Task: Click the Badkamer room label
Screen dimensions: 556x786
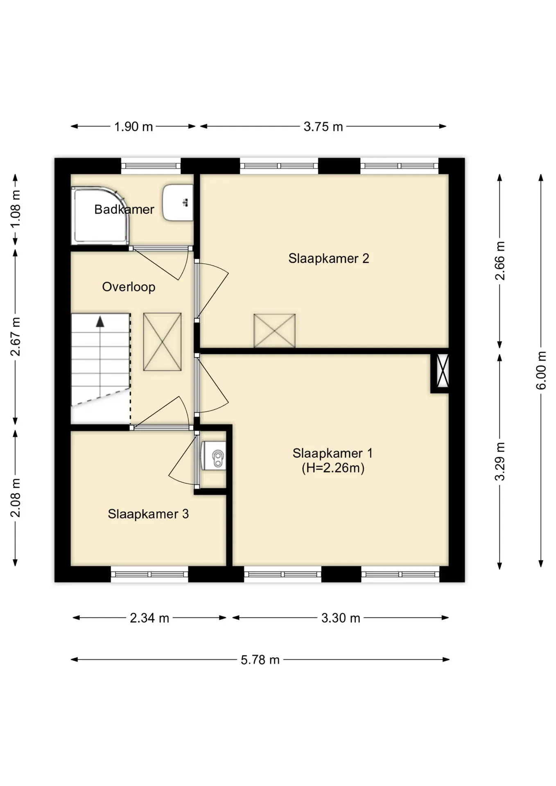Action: point(124,209)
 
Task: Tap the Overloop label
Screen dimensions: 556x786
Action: point(129,287)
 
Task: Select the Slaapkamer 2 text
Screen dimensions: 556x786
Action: point(329,258)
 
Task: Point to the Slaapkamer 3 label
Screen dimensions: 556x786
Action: point(148,514)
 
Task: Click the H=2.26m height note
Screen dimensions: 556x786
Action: point(333,468)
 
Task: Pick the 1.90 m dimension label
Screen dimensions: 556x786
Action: point(133,126)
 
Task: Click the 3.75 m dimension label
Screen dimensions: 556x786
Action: point(323,126)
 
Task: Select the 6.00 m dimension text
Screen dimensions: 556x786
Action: point(541,370)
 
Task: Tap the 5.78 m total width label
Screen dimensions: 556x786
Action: point(260,660)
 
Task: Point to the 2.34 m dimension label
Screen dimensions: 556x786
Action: point(149,618)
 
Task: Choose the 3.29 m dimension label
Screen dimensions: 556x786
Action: point(499,462)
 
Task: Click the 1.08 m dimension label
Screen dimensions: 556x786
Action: point(15,209)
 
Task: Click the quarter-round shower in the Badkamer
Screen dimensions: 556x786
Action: point(100,216)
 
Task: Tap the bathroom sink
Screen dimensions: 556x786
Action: point(178,203)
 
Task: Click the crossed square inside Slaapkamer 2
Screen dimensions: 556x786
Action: point(274,331)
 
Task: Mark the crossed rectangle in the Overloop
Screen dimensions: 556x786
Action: point(162,342)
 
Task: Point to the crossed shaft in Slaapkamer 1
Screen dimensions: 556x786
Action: point(443,371)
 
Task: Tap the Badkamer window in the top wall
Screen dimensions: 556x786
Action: point(151,166)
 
